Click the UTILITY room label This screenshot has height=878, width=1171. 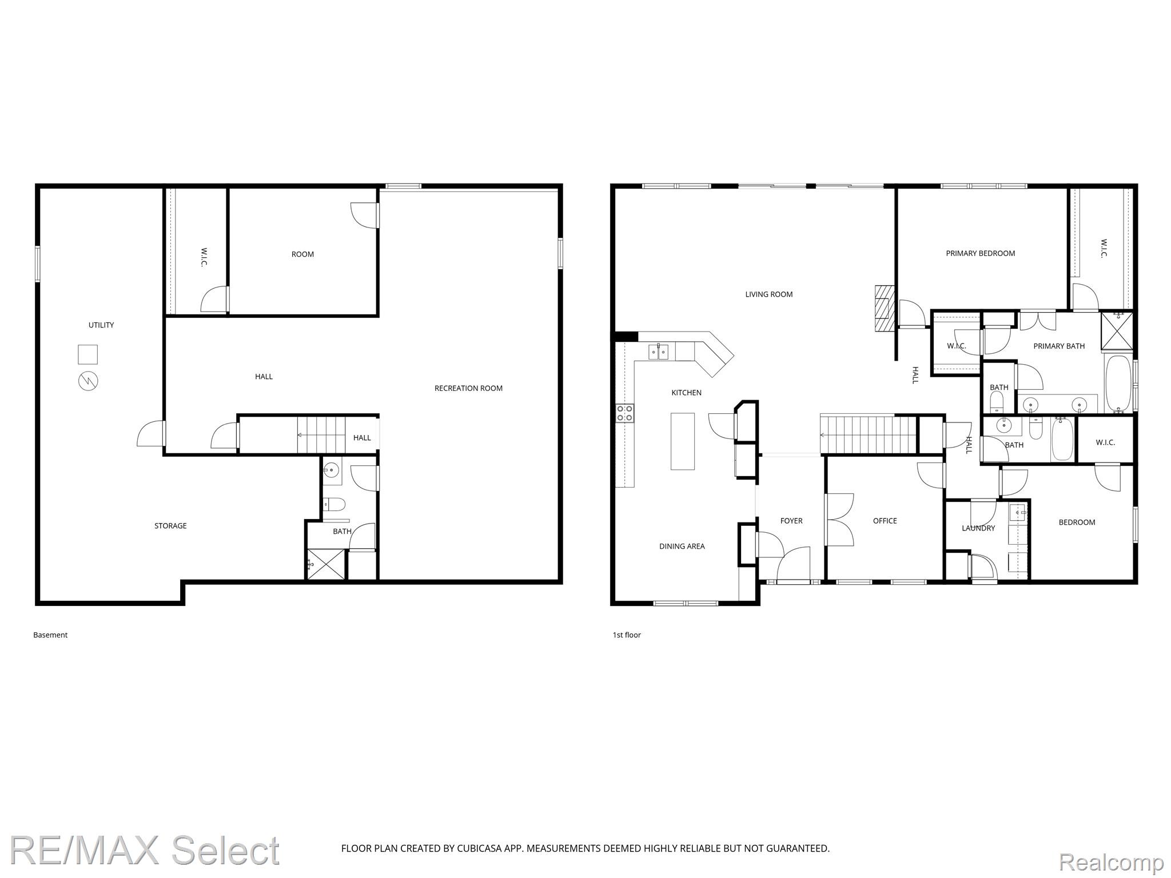pos(101,325)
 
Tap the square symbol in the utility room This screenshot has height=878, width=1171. pos(88,354)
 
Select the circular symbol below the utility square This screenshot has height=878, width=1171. pos(88,381)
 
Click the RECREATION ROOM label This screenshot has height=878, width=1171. pos(468,388)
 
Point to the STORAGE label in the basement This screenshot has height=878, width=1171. pos(170,526)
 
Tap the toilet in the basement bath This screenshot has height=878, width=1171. pos(334,505)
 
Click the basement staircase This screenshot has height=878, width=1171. pos(321,435)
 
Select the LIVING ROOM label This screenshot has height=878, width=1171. pos(769,294)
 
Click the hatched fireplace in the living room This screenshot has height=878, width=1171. pos(883,308)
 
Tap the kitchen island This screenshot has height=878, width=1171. pos(683,441)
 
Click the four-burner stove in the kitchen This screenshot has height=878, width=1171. pos(624,413)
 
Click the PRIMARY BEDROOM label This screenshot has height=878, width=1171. pos(980,253)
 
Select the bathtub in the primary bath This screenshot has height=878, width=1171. pos(1118,384)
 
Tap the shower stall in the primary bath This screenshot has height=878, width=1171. pos(1117,330)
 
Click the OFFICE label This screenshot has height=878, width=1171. pos(885,521)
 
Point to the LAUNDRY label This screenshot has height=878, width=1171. pos(978,528)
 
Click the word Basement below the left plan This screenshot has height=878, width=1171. pos(50,635)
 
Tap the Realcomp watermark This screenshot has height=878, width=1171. pos(1111,861)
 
